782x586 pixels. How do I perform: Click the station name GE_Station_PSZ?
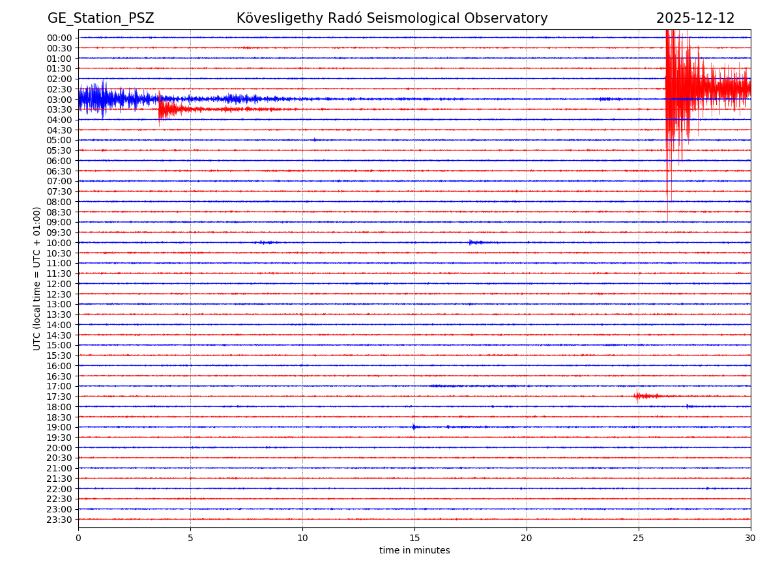coord(100,18)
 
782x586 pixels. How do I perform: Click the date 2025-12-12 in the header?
coord(695,18)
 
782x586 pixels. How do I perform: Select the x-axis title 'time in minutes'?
coord(414,551)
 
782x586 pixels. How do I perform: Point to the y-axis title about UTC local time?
coord(37,278)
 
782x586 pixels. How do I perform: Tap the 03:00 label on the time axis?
coord(59,100)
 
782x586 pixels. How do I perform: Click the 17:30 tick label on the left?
coord(59,397)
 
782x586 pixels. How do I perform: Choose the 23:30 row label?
coord(59,520)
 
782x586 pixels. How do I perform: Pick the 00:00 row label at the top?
coord(59,38)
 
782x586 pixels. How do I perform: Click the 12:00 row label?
coord(59,284)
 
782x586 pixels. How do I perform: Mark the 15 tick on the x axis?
coord(414,538)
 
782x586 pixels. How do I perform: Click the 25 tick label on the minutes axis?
coord(639,538)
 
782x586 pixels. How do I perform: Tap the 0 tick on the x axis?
coord(78,538)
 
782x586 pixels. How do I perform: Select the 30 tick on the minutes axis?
coord(751,538)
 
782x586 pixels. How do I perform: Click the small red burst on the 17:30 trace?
coord(645,396)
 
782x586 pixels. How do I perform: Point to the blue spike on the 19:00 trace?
coord(414,427)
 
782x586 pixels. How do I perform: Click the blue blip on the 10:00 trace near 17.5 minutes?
coord(474,242)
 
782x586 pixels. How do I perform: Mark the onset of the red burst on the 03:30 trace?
coord(159,109)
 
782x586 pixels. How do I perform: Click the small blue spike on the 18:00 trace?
coord(688,406)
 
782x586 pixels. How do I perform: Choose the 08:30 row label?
coord(59,212)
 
